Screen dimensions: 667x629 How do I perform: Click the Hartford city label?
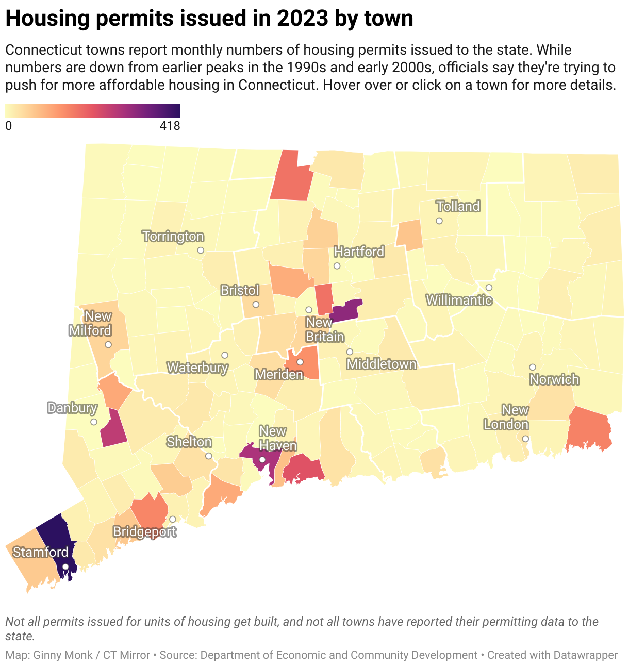coord(359,252)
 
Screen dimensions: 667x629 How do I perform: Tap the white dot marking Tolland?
coord(439,221)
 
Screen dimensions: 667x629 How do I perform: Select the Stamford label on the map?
coord(40,552)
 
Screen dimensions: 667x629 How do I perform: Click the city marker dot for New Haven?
coord(262,459)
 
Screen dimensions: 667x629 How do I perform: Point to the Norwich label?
coord(554,380)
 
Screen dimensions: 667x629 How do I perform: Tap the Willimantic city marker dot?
coord(489,287)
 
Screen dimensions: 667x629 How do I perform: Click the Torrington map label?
coord(173,237)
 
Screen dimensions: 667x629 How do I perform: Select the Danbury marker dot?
coord(94,422)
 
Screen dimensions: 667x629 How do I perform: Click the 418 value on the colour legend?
coord(170,126)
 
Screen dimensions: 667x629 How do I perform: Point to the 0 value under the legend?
coord(9,126)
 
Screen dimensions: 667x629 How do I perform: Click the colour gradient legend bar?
coord(93,111)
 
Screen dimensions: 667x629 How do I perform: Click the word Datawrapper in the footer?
coord(585,655)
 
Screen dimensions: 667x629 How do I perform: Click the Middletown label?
coord(382,364)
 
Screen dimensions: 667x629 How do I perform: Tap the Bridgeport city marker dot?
coord(173,519)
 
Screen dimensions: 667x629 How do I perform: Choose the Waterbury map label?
coord(197,368)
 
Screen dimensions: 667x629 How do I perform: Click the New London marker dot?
coord(525,439)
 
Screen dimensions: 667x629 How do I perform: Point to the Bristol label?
coord(240,290)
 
